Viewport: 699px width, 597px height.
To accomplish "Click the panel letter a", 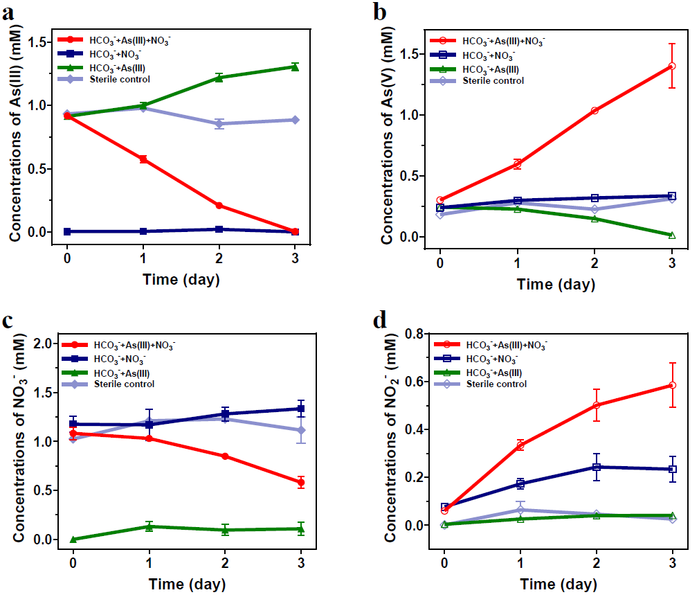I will pos(10,12).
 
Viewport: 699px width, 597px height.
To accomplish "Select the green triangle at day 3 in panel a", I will pos(295,67).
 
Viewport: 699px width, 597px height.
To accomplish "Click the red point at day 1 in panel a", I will pos(143,159).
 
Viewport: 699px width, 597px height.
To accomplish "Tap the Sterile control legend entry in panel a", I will pos(119,79).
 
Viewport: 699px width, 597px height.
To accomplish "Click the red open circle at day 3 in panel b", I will pos(671,66).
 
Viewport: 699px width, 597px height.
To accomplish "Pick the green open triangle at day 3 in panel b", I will pos(671,235).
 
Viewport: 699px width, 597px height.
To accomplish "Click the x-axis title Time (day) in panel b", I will pos(555,284).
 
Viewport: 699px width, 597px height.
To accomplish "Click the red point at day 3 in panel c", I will pos(300,483).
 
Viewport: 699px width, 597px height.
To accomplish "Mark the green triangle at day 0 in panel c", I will pos(73,539).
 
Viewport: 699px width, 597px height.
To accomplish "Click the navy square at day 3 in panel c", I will pos(300,409).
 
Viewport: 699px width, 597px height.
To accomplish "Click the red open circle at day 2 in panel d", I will pos(595,405).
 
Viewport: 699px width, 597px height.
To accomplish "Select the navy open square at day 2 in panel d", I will pos(595,467).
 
